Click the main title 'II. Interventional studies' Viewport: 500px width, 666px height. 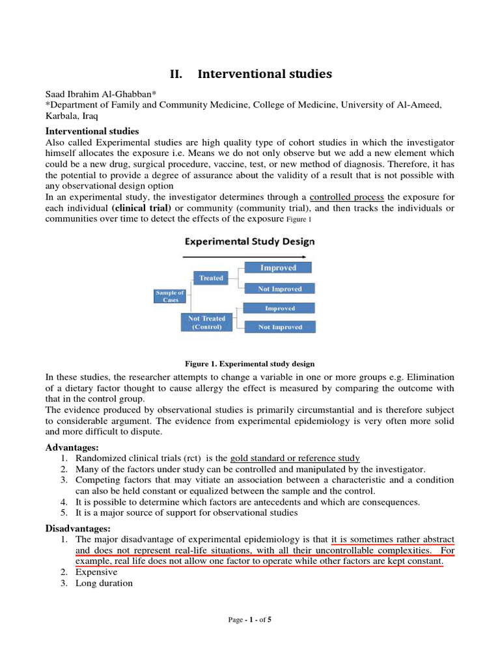tap(251, 74)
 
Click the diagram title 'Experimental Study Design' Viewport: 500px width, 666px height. tap(249, 241)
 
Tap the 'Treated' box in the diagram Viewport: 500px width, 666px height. tap(211, 278)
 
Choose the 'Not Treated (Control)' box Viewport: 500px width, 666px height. tap(206, 323)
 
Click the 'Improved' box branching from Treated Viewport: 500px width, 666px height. tap(278, 267)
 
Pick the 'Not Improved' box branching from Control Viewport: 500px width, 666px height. tap(280, 327)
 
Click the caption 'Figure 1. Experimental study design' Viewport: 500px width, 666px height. tap(250, 364)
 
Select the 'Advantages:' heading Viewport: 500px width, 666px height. tap(72, 448)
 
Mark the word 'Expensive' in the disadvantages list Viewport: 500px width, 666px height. tap(96, 572)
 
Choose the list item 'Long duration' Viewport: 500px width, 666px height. tap(104, 583)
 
